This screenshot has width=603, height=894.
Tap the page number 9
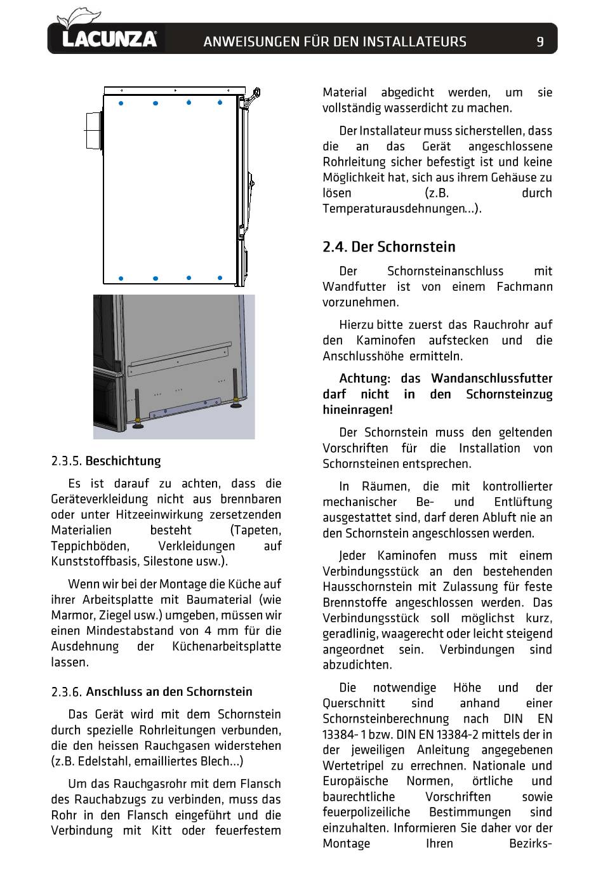click(x=540, y=41)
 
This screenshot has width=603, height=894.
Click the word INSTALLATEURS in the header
click(x=414, y=41)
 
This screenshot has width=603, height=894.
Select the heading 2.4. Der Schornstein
click(x=388, y=246)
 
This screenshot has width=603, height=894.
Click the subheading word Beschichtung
click(x=123, y=461)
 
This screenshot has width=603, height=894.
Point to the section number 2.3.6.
click(x=66, y=691)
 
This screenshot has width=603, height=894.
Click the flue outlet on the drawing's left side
click(x=94, y=131)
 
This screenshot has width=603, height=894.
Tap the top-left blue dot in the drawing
click(x=121, y=103)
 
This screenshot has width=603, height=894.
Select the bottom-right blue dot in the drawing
click(x=220, y=277)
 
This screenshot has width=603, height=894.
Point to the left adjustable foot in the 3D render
click(x=137, y=409)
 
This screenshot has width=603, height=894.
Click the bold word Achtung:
click(x=364, y=378)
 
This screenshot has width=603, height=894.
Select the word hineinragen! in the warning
click(x=357, y=410)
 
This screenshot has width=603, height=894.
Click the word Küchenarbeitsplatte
click(x=227, y=646)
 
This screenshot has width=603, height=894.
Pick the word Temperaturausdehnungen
click(x=394, y=209)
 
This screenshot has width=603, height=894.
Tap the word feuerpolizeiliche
click(x=366, y=812)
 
